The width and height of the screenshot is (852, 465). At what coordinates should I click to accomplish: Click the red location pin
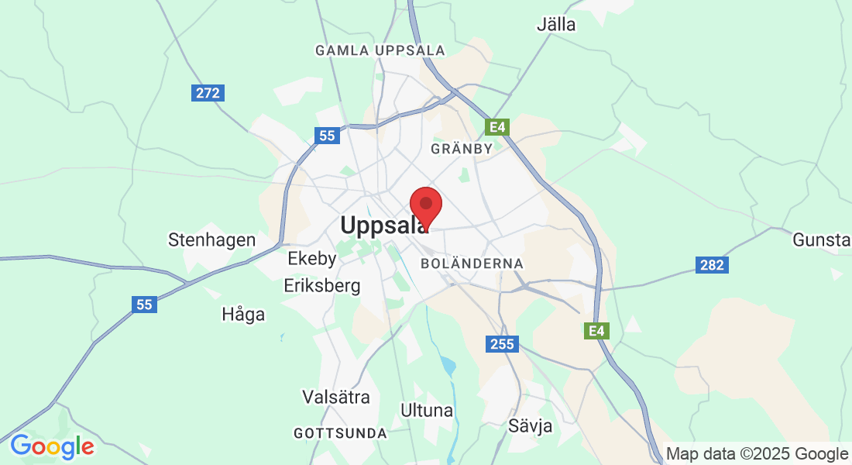(425, 206)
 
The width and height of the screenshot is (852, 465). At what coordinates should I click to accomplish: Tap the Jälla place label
(556, 24)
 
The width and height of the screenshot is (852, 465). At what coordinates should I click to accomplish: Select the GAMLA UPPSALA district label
(380, 50)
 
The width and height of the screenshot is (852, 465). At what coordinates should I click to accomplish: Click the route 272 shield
(208, 93)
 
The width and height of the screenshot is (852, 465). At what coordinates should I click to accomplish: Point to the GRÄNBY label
(462, 148)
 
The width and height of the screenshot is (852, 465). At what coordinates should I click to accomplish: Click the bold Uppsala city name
(383, 226)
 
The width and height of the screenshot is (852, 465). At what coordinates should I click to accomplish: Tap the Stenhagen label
(211, 239)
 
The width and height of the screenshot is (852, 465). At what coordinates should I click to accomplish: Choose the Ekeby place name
(311, 258)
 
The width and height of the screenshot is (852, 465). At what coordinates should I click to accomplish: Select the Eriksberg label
(322, 285)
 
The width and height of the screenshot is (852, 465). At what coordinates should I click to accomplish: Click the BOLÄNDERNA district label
(471, 263)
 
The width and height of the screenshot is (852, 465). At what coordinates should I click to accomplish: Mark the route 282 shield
(711, 265)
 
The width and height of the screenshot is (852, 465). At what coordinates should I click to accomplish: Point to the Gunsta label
(821, 239)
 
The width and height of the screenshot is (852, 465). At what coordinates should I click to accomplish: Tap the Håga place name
(243, 314)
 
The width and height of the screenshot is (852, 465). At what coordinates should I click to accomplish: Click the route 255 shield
(502, 343)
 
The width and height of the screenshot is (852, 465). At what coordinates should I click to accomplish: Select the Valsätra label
(335, 398)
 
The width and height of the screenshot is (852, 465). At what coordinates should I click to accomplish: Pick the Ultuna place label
(427, 410)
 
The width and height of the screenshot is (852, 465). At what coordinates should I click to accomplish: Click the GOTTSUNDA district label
(340, 432)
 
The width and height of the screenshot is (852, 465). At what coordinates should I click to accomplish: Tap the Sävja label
(531, 425)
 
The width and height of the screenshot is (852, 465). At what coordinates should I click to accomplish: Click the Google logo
(52, 446)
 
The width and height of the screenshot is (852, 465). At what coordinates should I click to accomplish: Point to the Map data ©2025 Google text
(757, 453)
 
